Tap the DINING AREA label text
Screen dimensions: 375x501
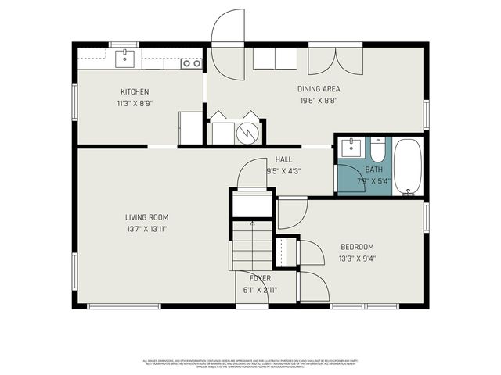click(x=319, y=88)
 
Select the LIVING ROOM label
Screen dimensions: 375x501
click(x=146, y=217)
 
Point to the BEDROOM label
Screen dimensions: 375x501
click(x=356, y=247)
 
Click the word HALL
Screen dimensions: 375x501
click(x=283, y=159)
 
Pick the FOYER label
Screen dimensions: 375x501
click(x=260, y=278)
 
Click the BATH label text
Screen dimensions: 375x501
click(x=374, y=170)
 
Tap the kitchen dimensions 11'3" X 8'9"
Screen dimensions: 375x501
click(x=135, y=102)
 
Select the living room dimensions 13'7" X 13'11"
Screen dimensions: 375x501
click(x=146, y=229)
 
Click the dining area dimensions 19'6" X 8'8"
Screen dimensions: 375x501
click(x=319, y=100)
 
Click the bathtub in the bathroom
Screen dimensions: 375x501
click(x=408, y=166)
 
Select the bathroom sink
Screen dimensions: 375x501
click(x=351, y=147)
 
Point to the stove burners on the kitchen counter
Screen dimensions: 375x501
click(x=190, y=63)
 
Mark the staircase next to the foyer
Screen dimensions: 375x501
click(x=252, y=244)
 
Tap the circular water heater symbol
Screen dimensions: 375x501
click(x=248, y=133)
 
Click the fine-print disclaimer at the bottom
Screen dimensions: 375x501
click(x=250, y=363)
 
